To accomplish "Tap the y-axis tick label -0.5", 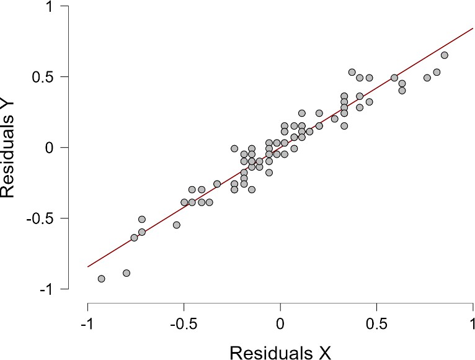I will pos(54,218).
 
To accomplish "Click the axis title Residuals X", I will pos(280,351).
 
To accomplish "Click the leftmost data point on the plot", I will pos(102,279).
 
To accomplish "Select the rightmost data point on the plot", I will pos(444,55).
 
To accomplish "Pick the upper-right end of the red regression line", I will pos(473,28).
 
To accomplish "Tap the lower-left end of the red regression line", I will pos(88,267).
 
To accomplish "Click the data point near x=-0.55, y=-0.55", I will pos(177,225).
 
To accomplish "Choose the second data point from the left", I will pos(127,273).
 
